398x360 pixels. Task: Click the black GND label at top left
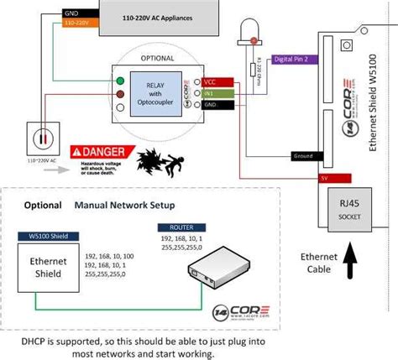point(71,14)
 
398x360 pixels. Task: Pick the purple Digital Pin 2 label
point(296,60)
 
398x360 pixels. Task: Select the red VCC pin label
point(209,82)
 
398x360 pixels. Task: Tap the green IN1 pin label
point(209,92)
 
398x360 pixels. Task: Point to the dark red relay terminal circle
point(121,93)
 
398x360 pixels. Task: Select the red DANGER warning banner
point(102,151)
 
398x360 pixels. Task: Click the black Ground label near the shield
point(302,156)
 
